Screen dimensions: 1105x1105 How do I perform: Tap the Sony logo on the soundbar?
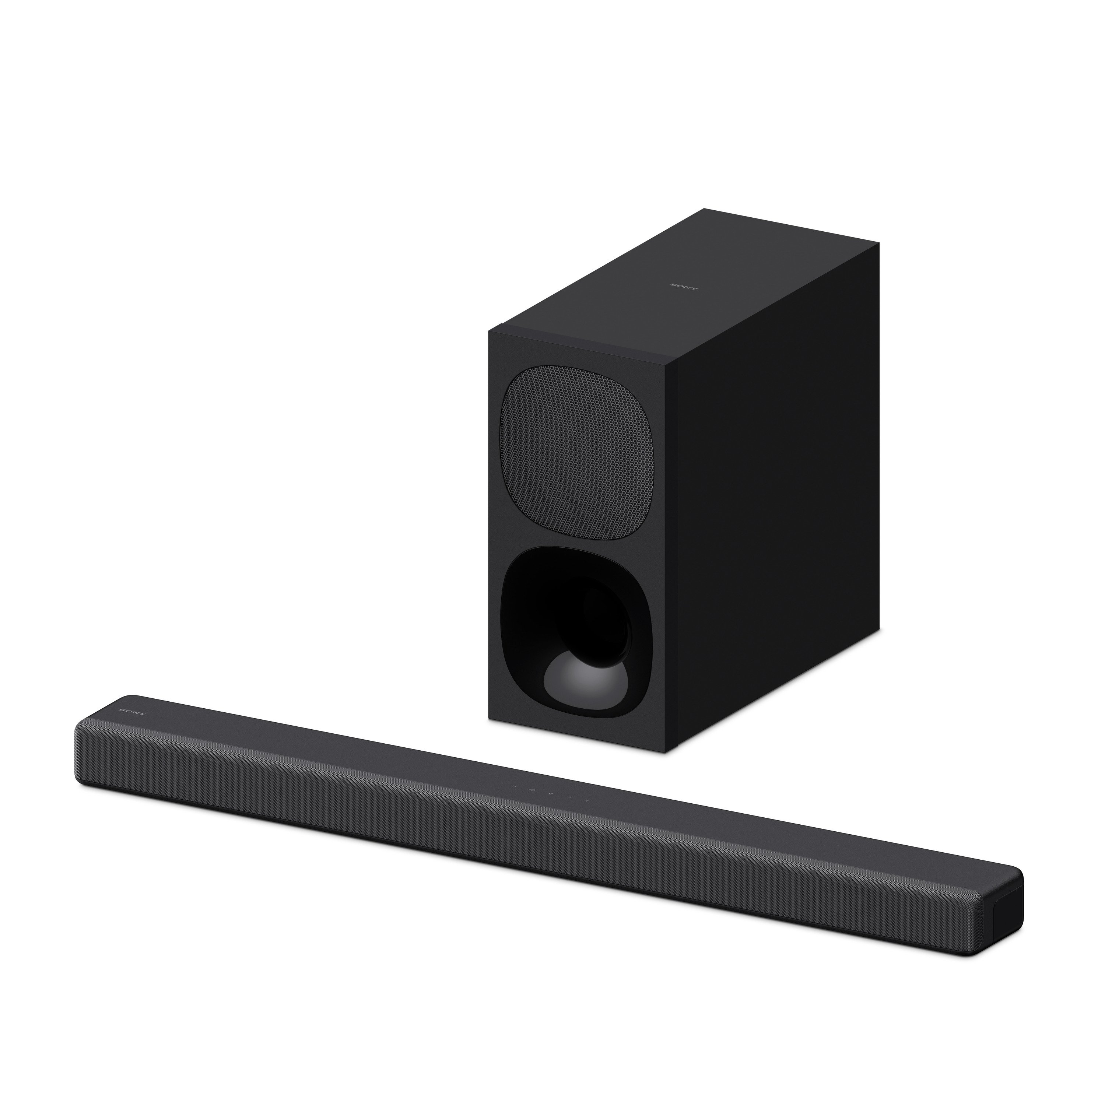[x=132, y=713]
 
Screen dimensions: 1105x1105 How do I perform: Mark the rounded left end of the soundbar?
[x=83, y=749]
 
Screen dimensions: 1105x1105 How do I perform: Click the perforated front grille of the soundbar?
[x=515, y=858]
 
